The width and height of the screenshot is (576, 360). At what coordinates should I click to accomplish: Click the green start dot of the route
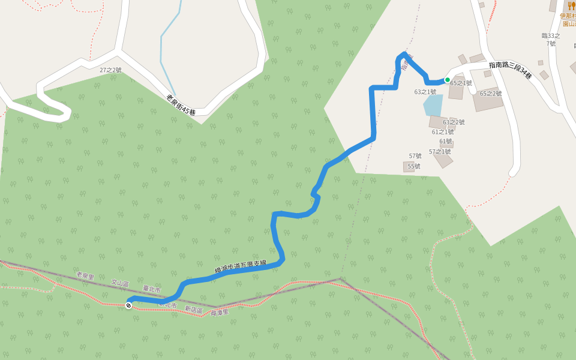tap(447, 80)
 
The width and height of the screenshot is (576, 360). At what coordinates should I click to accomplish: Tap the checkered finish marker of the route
tap(128, 305)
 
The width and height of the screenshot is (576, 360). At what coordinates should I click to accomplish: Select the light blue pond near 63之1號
tap(433, 105)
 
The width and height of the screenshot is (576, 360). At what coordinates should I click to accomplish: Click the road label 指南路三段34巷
tap(510, 70)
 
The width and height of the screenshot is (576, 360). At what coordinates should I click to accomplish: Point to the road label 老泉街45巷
tap(181, 106)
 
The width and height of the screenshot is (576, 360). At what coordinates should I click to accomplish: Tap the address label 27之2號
tap(110, 70)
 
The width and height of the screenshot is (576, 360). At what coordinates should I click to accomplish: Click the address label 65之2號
tap(490, 94)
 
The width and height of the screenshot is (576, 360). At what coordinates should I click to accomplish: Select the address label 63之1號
tap(425, 92)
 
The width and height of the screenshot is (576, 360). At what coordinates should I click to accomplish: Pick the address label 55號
tap(414, 166)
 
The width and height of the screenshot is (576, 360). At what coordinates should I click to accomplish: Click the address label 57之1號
tap(440, 152)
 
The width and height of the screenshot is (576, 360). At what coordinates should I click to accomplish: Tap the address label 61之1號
tap(442, 132)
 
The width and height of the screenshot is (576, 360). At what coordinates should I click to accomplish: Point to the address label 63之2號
tap(454, 122)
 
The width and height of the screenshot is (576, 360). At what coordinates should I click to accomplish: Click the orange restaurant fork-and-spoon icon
tap(571, 6)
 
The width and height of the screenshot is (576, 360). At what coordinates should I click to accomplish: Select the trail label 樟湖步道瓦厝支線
tap(240, 266)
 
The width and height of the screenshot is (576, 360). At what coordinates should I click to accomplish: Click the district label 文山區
tap(120, 282)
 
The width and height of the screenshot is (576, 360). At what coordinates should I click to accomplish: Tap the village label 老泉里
tap(85, 276)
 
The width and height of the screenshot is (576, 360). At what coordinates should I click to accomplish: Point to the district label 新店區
tap(193, 309)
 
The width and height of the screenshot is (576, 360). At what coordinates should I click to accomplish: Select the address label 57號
tap(415, 156)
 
